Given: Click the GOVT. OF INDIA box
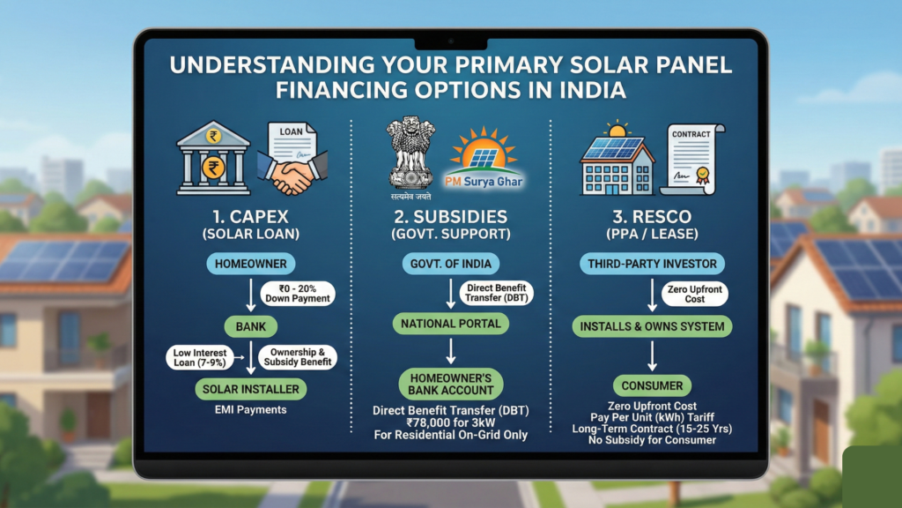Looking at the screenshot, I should (x=450, y=263).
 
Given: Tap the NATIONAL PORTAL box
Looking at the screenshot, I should (x=450, y=324).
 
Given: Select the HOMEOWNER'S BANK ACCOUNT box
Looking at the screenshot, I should (x=450, y=384).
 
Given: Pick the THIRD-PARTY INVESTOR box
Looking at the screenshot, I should (x=653, y=263).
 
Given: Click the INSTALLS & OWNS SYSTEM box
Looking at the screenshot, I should (x=653, y=326).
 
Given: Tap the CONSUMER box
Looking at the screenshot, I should (x=653, y=385).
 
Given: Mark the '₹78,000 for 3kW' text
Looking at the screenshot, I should (x=450, y=422).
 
